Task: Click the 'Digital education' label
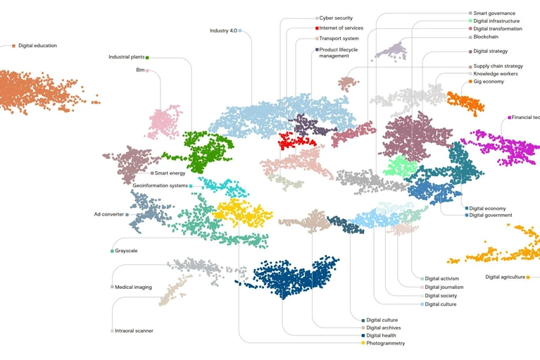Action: [x=37, y=46]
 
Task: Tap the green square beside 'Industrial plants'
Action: [x=147, y=58]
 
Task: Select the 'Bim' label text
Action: [x=140, y=70]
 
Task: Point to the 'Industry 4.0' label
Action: [x=223, y=31]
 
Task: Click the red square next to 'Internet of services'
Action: [x=317, y=28]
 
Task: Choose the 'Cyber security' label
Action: [x=336, y=18]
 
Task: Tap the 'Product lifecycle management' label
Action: [x=338, y=53]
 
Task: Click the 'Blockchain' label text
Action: [x=486, y=37]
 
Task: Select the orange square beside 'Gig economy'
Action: [x=470, y=82]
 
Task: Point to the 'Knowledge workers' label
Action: [x=495, y=74]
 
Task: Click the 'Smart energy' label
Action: [x=170, y=173]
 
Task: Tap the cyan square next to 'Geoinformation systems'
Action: [x=191, y=186]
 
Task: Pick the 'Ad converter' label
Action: [x=109, y=214]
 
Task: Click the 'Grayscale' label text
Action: [x=126, y=251]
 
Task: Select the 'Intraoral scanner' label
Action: [x=134, y=330]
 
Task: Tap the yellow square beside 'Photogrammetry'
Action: [x=363, y=343]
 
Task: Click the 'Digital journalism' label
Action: [x=444, y=287]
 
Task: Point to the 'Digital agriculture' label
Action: [x=505, y=277]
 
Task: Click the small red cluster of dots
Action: [x=296, y=140]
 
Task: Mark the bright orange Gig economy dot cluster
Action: [x=466, y=103]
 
